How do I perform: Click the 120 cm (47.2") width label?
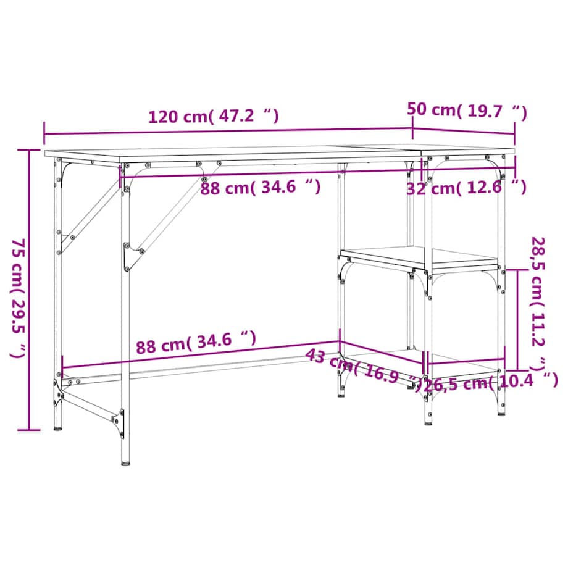coord(213,116)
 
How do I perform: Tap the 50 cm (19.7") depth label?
coord(467,111)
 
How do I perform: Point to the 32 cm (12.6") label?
coord(466,188)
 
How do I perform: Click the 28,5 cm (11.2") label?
coord(539,303)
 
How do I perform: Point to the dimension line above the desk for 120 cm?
coord(228,131)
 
